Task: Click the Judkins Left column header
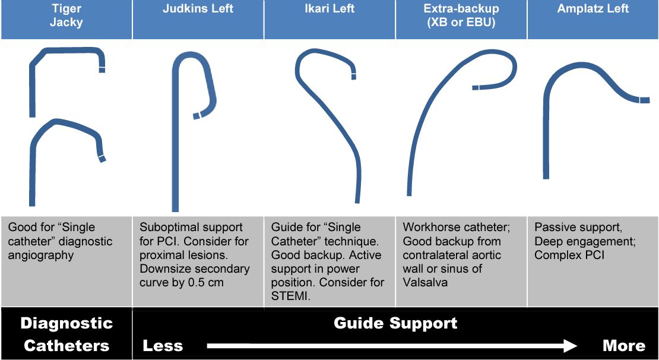point(198,9)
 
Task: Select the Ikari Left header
point(329,9)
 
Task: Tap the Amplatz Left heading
point(593,9)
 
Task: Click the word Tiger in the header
point(66,9)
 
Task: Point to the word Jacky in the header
point(66,23)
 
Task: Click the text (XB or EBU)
point(461,23)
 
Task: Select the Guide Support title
point(395,323)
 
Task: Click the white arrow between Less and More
point(392,346)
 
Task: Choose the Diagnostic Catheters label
point(66,334)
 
